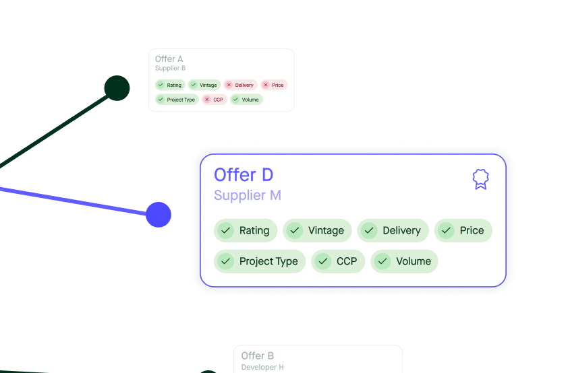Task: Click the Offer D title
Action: point(244,175)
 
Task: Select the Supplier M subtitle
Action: point(247,195)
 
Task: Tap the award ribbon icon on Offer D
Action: point(480,179)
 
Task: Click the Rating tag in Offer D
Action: point(246,230)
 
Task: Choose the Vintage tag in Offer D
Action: point(317,230)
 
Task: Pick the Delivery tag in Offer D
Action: point(393,230)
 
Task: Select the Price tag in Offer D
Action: point(463,230)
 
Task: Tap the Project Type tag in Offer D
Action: point(260,261)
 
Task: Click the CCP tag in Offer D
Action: point(338,261)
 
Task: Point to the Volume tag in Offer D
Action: point(404,261)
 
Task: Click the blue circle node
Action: point(159,215)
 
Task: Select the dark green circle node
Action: point(117,88)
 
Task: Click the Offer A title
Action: point(169,59)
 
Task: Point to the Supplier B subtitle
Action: point(170,68)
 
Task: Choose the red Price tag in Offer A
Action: point(273,85)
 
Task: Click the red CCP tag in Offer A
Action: point(214,100)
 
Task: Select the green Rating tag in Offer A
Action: point(169,85)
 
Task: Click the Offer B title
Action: point(257,355)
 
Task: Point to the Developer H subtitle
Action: point(262,368)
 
